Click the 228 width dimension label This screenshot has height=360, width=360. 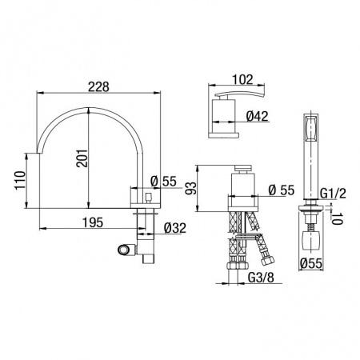(98, 86)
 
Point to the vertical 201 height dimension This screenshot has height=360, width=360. (82, 158)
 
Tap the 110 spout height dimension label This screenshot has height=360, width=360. (20, 181)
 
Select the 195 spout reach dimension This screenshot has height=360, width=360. (93, 222)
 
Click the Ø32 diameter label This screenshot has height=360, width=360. (175, 228)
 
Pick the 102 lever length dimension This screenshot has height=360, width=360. (242, 79)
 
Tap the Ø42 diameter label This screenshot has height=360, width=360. (257, 116)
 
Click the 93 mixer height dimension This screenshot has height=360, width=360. (191, 189)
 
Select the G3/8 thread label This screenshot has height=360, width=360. (261, 278)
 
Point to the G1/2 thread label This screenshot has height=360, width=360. (333, 194)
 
